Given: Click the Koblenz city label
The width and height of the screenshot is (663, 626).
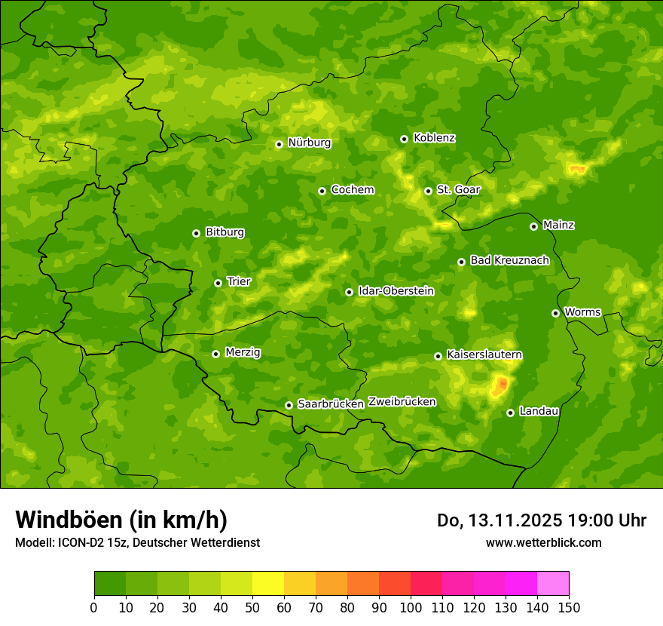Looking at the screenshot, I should (x=434, y=138).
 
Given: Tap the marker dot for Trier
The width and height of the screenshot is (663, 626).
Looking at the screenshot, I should (x=218, y=283).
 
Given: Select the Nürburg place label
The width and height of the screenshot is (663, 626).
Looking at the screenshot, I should (x=309, y=143).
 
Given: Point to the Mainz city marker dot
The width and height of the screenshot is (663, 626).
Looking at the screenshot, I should (x=533, y=226).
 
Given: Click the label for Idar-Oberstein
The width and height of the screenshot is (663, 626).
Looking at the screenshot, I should (x=396, y=291).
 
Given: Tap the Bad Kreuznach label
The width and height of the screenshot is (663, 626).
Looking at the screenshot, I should (x=509, y=260).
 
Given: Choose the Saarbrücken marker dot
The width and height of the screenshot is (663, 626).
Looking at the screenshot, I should (x=289, y=405).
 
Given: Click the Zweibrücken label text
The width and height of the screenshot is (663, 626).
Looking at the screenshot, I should (x=402, y=402).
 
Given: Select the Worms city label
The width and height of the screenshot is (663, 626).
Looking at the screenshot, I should (x=582, y=312).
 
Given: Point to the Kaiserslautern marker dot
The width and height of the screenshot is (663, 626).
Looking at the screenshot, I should (x=438, y=356).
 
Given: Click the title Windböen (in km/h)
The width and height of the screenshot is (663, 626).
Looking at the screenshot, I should (x=121, y=520).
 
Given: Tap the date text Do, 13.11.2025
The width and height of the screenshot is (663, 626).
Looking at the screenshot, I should (x=499, y=520).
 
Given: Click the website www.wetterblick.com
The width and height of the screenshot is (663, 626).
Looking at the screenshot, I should (x=543, y=542).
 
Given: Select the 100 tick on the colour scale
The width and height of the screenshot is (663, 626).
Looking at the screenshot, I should (x=411, y=608).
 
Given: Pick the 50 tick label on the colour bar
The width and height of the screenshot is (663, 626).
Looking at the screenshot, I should (x=252, y=608).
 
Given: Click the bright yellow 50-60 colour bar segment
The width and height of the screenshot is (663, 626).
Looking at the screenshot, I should (x=268, y=584).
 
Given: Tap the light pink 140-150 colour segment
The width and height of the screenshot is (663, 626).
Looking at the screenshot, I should (x=553, y=584).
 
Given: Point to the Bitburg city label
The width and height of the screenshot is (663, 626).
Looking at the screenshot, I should (x=225, y=232).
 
